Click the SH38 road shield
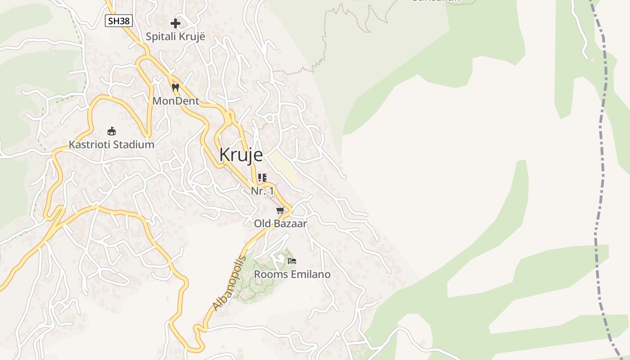[x=119, y=20]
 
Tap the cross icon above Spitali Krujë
[x=175, y=23]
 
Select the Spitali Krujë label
[x=175, y=36]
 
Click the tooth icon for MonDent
[x=175, y=87]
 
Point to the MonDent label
[x=175, y=101]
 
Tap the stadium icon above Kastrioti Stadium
[x=112, y=131]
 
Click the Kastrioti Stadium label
[x=111, y=144]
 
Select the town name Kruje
[x=241, y=154]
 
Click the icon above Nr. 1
[x=262, y=178]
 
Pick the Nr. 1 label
[x=262, y=191]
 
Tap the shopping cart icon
[x=280, y=210]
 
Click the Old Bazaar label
[x=280, y=223]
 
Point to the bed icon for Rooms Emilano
[x=292, y=261]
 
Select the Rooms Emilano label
[x=292, y=274]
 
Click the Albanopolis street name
[x=229, y=283]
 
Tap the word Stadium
[x=134, y=144]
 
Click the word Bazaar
[x=292, y=223]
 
